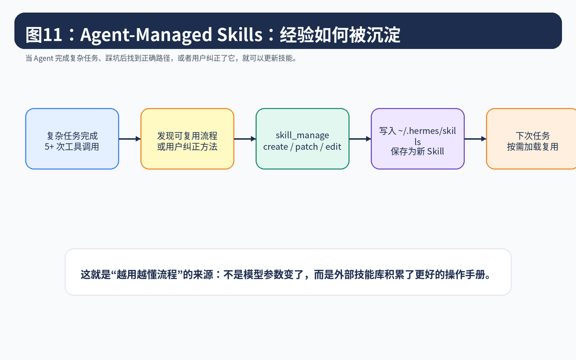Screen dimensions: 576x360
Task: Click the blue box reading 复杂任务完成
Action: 72,139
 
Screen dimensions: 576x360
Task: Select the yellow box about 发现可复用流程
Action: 187,139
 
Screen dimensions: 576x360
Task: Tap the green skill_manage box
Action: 302,139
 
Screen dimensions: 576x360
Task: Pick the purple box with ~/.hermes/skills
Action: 418,139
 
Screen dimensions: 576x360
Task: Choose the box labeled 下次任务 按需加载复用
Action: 531,139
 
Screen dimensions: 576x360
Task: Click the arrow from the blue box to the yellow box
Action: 130,139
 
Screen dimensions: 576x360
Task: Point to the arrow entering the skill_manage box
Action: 245,139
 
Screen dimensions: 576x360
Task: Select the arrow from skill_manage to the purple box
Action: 360,139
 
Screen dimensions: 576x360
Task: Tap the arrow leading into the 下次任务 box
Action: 476,139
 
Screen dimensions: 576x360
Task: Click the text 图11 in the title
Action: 44,35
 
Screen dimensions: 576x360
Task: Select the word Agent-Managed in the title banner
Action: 146,35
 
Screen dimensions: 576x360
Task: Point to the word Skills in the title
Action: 240,35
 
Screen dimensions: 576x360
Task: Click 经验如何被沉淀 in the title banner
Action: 340,35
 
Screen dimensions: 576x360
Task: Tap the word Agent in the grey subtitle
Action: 44,59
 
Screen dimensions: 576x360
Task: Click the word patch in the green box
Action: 306,147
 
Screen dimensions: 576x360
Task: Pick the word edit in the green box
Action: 333,147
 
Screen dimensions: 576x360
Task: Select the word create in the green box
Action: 276,147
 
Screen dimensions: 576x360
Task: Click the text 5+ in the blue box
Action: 49,147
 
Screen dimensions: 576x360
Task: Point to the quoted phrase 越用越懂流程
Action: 147,275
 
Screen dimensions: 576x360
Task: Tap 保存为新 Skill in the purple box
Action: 417,152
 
